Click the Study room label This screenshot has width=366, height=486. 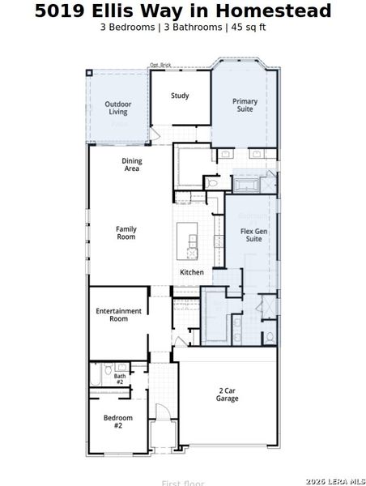(x=180, y=96)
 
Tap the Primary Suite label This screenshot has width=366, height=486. (x=245, y=106)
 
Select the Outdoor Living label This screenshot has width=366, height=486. (x=118, y=108)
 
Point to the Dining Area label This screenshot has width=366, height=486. (x=132, y=165)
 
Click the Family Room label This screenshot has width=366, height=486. (x=126, y=233)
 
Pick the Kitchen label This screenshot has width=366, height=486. (x=192, y=272)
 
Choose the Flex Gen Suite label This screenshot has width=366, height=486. (x=253, y=235)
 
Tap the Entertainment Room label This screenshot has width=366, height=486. (x=118, y=315)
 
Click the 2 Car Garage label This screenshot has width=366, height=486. (x=228, y=394)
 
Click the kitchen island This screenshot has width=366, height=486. (x=193, y=241)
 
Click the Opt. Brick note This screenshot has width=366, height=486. (x=160, y=66)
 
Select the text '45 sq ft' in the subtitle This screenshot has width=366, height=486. (x=249, y=27)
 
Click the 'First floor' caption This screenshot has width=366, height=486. (x=182, y=483)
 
